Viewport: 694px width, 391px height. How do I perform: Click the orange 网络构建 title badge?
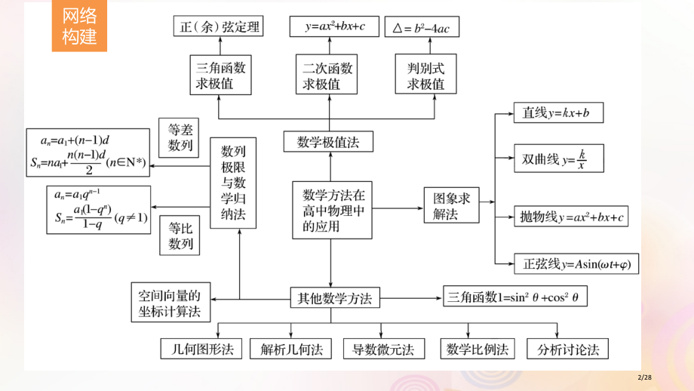(x=79, y=26)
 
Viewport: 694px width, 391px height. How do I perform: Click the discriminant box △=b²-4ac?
(x=421, y=28)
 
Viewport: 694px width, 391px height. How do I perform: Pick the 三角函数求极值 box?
(x=221, y=75)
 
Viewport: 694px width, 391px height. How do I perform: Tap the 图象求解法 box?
(x=451, y=205)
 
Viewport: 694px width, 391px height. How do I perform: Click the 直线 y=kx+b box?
(x=557, y=113)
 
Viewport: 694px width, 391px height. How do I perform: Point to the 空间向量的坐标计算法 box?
(x=170, y=302)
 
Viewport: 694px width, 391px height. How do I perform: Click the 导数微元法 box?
(x=383, y=349)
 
